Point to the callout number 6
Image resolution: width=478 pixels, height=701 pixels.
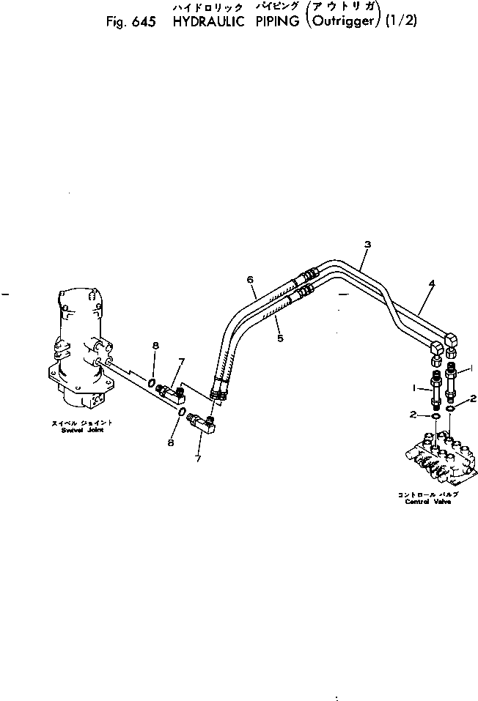[250, 280]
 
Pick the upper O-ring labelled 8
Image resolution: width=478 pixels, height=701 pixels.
[151, 382]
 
